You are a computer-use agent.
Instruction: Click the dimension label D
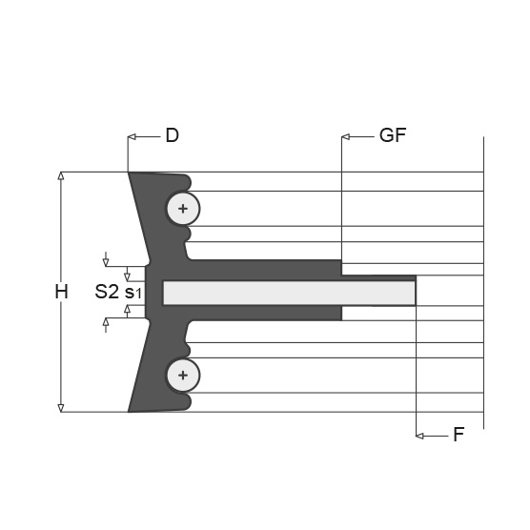172,135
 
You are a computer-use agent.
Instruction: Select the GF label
393,135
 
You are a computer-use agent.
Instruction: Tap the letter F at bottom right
459,435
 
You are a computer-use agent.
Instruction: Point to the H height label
62,292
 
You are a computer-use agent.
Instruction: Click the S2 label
107,292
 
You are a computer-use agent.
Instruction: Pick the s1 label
132,293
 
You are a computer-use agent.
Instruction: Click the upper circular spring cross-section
183,209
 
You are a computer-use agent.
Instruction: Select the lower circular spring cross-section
183,376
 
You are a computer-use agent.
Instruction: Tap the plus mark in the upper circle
183,209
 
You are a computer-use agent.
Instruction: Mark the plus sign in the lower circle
183,376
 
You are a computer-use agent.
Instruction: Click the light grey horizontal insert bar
290,293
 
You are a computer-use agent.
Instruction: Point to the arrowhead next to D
132,137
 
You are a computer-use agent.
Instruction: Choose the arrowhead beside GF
345,137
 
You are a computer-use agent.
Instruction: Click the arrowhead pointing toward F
419,436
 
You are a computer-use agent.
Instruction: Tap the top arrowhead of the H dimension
61,175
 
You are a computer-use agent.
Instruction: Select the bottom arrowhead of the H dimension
61,408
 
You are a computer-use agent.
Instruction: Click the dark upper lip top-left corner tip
128,173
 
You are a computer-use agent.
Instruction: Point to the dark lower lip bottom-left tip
128,412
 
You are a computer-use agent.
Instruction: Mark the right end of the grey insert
415,293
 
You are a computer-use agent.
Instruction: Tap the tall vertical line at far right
483,283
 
